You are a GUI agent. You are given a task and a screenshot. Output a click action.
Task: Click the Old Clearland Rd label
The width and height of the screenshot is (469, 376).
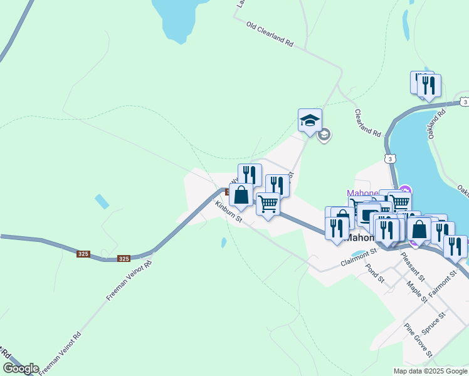tap(270, 35)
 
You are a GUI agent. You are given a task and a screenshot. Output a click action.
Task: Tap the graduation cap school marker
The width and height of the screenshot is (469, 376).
tap(310, 121)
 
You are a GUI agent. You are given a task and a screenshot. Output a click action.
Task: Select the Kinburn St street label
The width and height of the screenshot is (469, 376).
tap(228, 212)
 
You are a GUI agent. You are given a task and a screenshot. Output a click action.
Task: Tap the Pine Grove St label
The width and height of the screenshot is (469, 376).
tap(418, 340)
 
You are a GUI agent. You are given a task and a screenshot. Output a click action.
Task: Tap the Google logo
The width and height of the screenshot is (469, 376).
tap(21, 368)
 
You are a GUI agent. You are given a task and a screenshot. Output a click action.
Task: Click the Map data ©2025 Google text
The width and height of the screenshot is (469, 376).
tap(430, 371)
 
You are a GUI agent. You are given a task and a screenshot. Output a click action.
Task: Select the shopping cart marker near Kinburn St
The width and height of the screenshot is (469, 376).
tap(268, 204)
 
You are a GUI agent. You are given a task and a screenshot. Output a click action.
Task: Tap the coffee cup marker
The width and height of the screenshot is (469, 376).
tap(367, 214)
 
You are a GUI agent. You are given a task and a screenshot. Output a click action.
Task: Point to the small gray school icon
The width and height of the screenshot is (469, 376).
tap(324, 135)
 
